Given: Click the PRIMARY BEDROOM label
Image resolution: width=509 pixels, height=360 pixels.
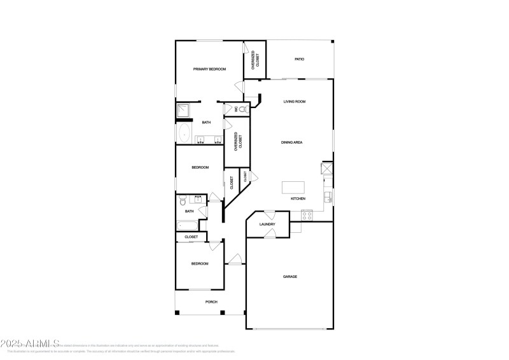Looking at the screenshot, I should pyautogui.click(x=209, y=69).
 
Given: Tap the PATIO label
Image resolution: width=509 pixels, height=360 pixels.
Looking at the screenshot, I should pyautogui.click(x=299, y=59).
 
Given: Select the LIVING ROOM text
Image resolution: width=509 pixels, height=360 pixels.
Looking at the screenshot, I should pyautogui.click(x=295, y=102).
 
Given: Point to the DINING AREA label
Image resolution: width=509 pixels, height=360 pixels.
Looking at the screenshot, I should pyautogui.click(x=291, y=142).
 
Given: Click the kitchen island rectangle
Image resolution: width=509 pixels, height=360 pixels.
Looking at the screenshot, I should pyautogui.click(x=293, y=187).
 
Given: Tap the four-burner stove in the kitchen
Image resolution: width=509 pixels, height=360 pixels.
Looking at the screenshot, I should pyautogui.click(x=307, y=215).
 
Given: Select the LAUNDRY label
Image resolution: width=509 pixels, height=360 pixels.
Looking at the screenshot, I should pyautogui.click(x=267, y=225).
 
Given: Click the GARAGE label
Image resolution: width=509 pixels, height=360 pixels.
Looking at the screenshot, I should pyautogui.click(x=290, y=277).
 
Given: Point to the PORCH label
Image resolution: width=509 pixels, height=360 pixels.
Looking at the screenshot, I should pyautogui.click(x=211, y=302).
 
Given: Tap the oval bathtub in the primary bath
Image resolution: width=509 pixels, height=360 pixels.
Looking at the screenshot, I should pyautogui.click(x=185, y=134).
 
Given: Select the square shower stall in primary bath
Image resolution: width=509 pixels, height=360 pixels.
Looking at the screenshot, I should pyautogui.click(x=184, y=111).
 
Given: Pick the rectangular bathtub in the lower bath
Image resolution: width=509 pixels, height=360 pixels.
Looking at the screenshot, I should pyautogui.click(x=188, y=225).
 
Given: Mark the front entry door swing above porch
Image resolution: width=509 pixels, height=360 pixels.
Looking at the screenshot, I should pyautogui.click(x=235, y=259).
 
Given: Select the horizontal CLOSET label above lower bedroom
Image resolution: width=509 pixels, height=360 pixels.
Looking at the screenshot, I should pyautogui.click(x=191, y=237).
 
